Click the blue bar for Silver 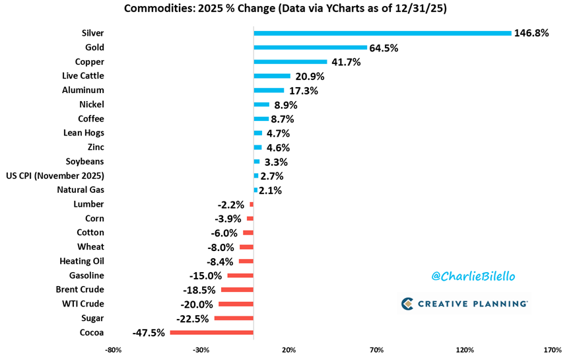click(x=382, y=33)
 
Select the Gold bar click(x=310, y=48)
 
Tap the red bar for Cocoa click(x=211, y=332)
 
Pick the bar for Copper click(x=290, y=62)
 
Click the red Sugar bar click(x=234, y=318)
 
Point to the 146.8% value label click(x=532, y=33)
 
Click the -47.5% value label click(x=149, y=333)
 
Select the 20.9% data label click(x=311, y=77)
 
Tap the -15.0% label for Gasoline click(x=206, y=275)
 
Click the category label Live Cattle click(x=83, y=76)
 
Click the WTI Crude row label click(x=82, y=304)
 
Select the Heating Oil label click(x=82, y=261)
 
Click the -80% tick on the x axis click(x=114, y=350)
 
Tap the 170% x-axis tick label click(x=552, y=350)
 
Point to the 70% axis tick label click(x=376, y=350)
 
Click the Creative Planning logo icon click(x=407, y=304)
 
